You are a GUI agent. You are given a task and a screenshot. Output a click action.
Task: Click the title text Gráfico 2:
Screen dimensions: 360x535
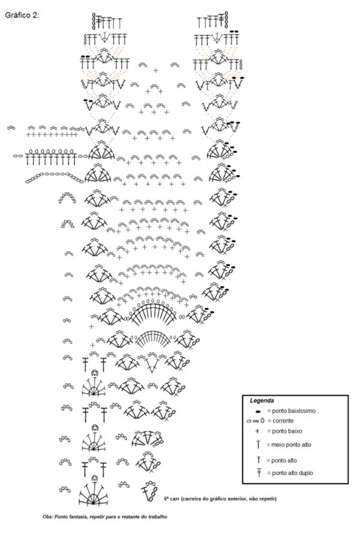(22, 15)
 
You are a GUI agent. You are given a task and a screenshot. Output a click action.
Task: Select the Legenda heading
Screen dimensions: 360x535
(262, 401)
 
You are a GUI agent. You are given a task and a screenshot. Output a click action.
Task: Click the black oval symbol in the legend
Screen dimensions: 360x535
(258, 411)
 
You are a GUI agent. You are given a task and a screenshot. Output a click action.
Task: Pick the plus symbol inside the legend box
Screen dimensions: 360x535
(257, 431)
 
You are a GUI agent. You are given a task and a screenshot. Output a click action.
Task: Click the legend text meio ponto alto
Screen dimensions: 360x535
(291, 444)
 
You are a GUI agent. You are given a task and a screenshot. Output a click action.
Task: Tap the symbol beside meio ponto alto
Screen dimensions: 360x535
(259, 444)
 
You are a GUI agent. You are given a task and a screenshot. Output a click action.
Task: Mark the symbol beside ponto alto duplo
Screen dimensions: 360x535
(259, 473)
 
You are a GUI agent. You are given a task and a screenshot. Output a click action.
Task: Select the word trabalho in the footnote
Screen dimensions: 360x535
(157, 516)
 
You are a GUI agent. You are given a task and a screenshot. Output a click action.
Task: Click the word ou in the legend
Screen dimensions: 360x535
(256, 421)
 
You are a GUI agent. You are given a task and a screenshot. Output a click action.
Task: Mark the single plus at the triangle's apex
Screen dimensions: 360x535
(155, 71)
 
